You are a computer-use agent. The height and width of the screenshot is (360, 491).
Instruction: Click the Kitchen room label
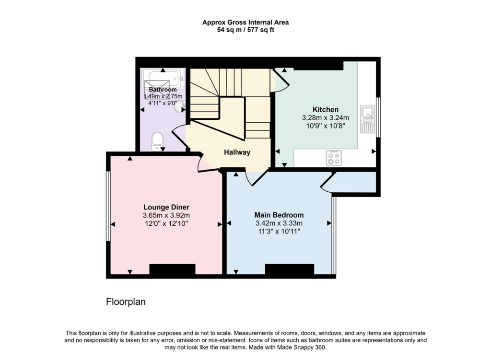pos(326,110)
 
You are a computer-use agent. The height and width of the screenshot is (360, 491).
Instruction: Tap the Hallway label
pos(237,152)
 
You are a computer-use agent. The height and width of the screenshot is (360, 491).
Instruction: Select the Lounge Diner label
pos(166,207)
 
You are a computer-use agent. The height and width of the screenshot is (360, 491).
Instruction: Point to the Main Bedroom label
pos(279,215)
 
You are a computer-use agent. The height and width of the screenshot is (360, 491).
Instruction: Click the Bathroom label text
pos(163,90)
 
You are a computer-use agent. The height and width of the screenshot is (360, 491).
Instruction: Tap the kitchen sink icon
pos(367,119)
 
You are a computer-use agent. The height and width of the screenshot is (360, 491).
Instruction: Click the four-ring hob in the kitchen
pos(334,158)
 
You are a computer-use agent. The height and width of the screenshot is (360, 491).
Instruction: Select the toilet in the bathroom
pos(157,141)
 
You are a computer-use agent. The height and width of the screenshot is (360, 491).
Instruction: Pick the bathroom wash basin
pos(181,106)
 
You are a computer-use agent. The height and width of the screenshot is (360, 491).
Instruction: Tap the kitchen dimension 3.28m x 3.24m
pos(326,118)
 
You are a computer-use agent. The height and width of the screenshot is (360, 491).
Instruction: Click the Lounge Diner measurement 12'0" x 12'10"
pos(166,223)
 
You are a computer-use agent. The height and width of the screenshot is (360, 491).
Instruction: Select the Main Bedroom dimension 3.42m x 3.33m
pos(279,223)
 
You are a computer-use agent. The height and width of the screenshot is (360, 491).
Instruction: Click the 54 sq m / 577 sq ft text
pos(245,30)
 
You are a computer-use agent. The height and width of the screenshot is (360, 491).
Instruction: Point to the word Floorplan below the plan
pos(126,302)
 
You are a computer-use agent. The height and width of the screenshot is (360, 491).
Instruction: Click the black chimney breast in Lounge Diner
pos(172,269)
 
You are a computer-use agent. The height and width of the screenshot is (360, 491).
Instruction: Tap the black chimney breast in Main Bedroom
pos(290,269)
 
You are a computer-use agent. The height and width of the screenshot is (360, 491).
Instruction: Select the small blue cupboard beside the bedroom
pos(355,182)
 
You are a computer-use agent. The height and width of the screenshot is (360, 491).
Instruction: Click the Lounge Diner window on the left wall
pos(108,206)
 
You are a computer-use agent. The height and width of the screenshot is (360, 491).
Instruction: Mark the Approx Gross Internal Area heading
pos(245,22)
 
